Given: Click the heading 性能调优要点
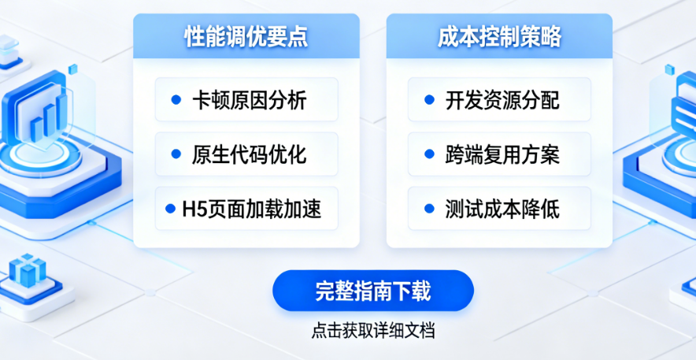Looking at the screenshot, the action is click(246, 37).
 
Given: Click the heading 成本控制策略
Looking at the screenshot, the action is click(499, 37).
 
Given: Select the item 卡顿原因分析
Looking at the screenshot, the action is click(246, 99).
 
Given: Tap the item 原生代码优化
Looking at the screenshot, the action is click(246, 154).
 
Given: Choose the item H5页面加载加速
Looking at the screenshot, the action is click(246, 209).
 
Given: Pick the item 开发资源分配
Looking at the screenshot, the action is click(499, 99).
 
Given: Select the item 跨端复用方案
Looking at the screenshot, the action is click(499, 154).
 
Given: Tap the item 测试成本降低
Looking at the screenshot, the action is click(499, 209).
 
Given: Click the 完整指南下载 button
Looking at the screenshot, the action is click(373, 291).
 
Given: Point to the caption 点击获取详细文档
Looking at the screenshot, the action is click(373, 331).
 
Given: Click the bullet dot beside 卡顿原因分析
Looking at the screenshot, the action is click(176, 100).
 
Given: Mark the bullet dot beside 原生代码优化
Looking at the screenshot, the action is click(176, 154).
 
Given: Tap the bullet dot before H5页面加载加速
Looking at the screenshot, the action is click(170, 209).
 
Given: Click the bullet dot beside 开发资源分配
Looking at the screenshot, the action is click(429, 100).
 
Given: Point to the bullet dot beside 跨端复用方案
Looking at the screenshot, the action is click(429, 154).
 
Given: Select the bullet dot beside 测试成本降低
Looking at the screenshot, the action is click(429, 209).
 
